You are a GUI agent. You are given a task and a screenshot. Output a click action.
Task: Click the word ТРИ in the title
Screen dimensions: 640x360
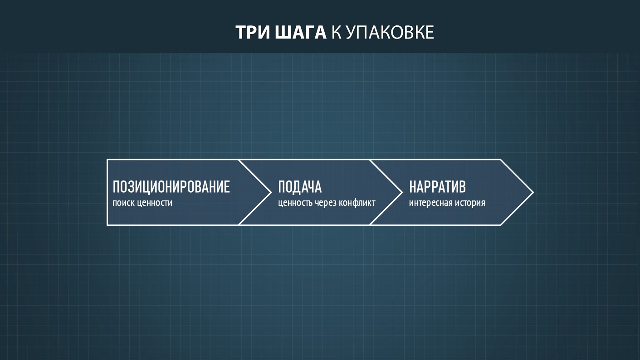pyautogui.click(x=253, y=32)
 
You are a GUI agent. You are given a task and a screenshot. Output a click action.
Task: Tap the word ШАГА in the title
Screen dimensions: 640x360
pyautogui.click(x=301, y=32)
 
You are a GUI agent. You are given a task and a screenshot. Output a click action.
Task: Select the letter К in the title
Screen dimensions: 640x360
pyautogui.click(x=336, y=32)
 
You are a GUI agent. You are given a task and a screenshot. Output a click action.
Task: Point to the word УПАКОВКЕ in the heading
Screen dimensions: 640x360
pyautogui.click(x=390, y=32)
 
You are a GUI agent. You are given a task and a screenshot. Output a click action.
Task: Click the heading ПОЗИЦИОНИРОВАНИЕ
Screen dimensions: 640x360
pyautogui.click(x=171, y=187)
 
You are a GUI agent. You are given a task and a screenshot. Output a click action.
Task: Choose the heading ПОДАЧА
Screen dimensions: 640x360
pyautogui.click(x=300, y=187)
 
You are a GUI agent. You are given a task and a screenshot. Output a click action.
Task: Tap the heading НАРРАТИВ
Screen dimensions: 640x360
pyautogui.click(x=437, y=187)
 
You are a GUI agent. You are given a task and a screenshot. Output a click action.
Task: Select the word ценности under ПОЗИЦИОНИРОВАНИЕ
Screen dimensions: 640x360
pyautogui.click(x=155, y=203)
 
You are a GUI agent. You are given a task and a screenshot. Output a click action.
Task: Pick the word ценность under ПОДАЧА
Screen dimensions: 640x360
pyautogui.click(x=295, y=203)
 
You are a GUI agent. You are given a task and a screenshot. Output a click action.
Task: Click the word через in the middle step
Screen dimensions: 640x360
pyautogui.click(x=325, y=203)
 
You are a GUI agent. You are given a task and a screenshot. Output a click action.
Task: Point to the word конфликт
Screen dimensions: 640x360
pyautogui.click(x=357, y=203)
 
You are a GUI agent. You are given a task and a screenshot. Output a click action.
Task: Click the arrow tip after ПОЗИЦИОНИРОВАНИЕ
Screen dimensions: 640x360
pyautogui.click(x=271, y=193)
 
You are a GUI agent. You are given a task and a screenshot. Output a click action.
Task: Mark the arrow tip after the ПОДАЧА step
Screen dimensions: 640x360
pyautogui.click(x=402, y=193)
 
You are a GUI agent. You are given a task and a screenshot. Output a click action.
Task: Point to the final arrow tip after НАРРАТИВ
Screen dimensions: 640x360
pyautogui.click(x=533, y=193)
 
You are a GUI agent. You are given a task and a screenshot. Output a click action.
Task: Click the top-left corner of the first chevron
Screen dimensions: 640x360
pyautogui.click(x=107, y=160)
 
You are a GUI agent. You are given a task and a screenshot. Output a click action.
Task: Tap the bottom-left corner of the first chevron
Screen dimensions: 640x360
pyautogui.click(x=107, y=225)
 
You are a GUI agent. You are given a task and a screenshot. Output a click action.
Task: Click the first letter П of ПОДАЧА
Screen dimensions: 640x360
pyautogui.click(x=282, y=187)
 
